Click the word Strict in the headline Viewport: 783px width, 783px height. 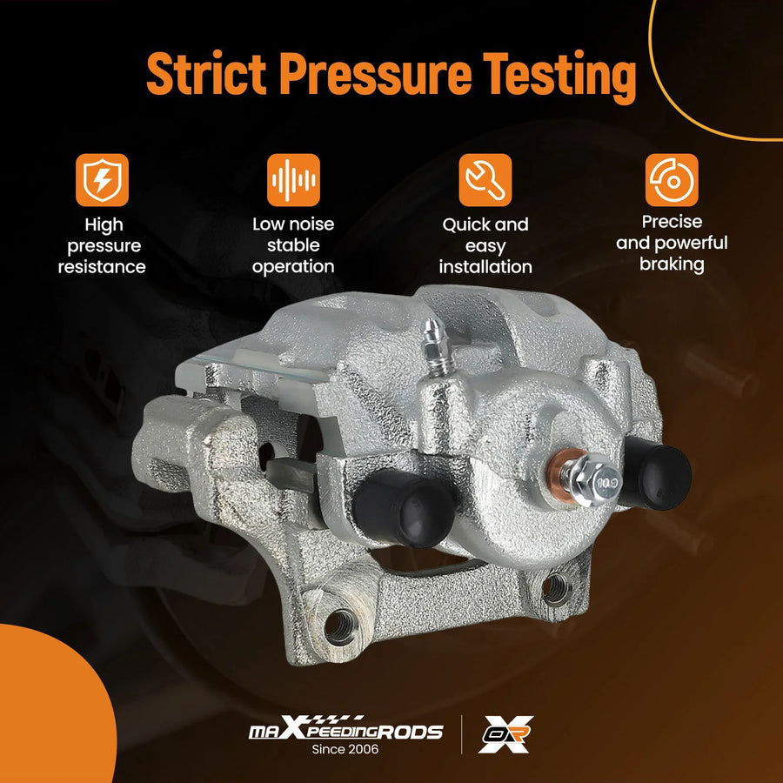pos(207,73)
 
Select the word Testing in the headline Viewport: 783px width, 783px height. pos(559,77)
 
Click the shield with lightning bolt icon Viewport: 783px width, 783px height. pos(103,180)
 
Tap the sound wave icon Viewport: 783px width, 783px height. pos(293,180)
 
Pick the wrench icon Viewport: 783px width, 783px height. pos(485,180)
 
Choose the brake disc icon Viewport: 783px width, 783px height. pos(672,180)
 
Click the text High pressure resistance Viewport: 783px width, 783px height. pos(103,245)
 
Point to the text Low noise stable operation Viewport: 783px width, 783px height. pos(293,245)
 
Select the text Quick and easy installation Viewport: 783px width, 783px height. pos(485,245)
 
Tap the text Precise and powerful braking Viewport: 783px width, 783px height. pos(672,243)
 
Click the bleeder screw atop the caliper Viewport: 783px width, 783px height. pos(437,347)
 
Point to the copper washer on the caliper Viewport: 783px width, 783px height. pos(562,473)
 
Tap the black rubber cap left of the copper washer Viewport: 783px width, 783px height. pos(404,507)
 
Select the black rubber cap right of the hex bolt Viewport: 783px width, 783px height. pos(655,472)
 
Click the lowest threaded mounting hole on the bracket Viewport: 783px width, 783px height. pos(340,626)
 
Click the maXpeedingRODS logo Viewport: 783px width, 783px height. pos(345,727)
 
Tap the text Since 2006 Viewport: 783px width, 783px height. pos(345,749)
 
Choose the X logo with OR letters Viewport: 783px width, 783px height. pos(505,733)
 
